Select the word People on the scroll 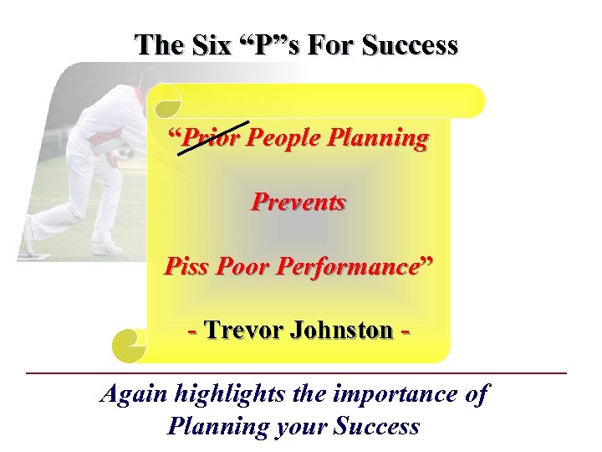click(286, 137)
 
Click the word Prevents click(298, 202)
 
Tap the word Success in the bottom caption click(376, 426)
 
